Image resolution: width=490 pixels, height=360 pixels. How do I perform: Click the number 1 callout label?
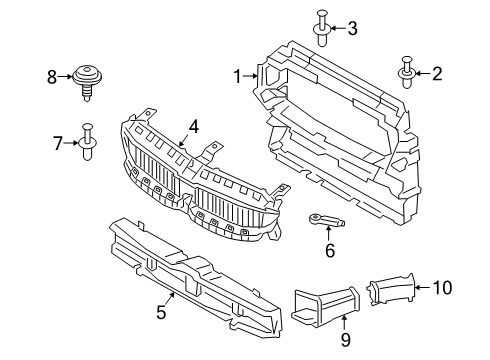click(x=238, y=76)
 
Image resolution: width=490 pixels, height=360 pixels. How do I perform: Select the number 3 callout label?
click(x=351, y=29)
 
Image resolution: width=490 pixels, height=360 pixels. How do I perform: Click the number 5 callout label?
click(x=161, y=314)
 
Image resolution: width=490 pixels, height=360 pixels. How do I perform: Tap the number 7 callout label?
click(x=58, y=143)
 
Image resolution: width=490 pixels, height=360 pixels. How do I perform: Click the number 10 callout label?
click(x=443, y=288)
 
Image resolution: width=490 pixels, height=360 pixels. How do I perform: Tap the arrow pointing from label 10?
click(x=419, y=288)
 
